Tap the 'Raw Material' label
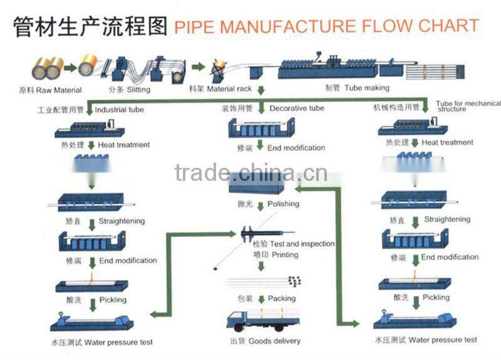[x=59, y=90]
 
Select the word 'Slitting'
[x=138, y=90]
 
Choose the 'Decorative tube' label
[x=297, y=108]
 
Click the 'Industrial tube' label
[x=119, y=110]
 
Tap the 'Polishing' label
[x=283, y=203]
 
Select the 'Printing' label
[x=284, y=255]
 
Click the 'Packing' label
[x=281, y=299]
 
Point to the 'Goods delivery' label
[x=274, y=341]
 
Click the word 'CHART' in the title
[x=448, y=26]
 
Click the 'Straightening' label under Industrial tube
[x=121, y=221]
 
